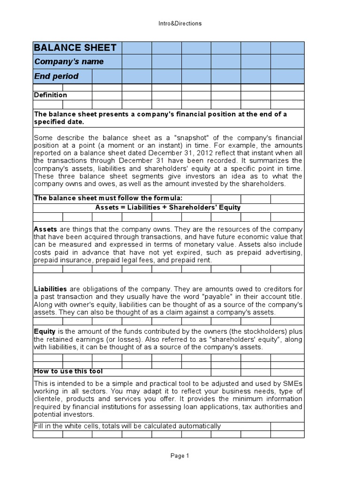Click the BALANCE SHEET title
[x=75, y=48]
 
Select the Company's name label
[x=69, y=62]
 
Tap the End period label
[x=56, y=76]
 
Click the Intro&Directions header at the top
[x=180, y=23]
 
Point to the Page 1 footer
[x=180, y=455]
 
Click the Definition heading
[x=51, y=95]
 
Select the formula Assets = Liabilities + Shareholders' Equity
[x=168, y=208]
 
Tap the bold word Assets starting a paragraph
[x=45, y=229]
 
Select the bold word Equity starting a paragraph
[x=45, y=331]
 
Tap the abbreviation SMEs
[x=293, y=383]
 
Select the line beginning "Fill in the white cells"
[x=127, y=426]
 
